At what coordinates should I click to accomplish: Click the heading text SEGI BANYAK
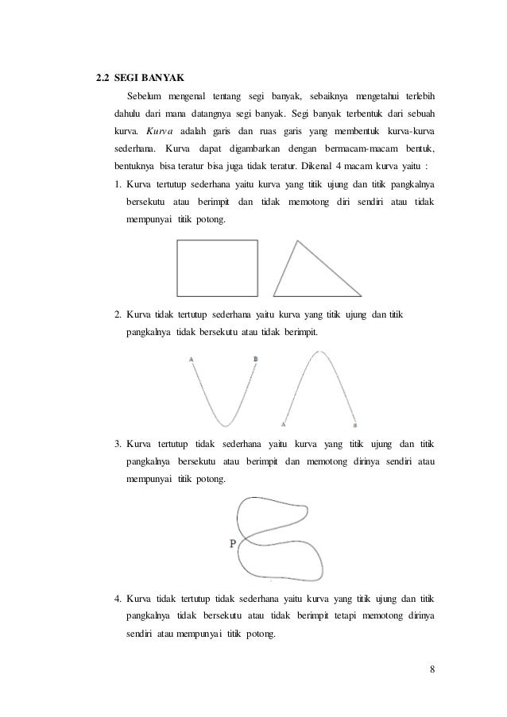[149, 79]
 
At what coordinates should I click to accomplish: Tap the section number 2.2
[101, 79]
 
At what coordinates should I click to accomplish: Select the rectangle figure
[218, 269]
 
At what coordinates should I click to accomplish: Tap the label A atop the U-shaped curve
[192, 360]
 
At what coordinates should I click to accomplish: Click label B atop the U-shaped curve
[255, 360]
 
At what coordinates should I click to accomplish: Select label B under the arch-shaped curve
[354, 426]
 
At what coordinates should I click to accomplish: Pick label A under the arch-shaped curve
[283, 425]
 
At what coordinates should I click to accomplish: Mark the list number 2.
[117, 316]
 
